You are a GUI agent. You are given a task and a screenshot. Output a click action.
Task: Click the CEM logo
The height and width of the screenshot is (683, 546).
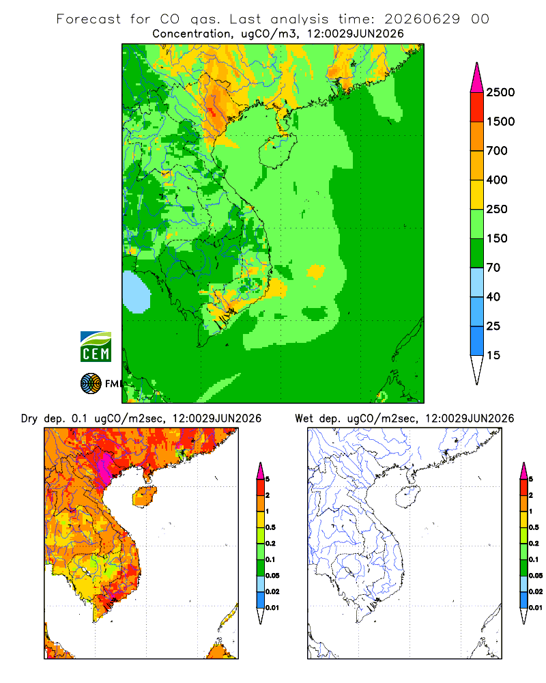click(x=96, y=347)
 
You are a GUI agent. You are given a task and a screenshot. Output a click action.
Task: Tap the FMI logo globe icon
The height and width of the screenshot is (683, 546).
click(x=91, y=384)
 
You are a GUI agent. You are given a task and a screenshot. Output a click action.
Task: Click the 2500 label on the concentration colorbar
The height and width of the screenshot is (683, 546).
click(x=500, y=92)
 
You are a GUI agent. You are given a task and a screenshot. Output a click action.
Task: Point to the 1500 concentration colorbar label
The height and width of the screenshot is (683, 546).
click(x=500, y=122)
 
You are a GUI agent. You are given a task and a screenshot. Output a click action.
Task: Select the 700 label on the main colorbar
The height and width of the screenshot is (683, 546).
click(x=497, y=151)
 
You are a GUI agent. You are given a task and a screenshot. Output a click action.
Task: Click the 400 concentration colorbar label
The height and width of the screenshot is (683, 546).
click(x=497, y=180)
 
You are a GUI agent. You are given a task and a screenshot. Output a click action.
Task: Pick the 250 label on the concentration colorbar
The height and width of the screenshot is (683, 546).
click(x=497, y=209)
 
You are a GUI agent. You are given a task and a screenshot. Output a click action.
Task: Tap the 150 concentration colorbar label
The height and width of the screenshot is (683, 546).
click(x=497, y=238)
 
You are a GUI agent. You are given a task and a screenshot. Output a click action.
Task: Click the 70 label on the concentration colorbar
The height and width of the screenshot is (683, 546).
click(x=493, y=268)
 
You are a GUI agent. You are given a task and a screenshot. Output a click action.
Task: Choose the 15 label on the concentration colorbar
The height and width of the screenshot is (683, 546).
click(x=493, y=355)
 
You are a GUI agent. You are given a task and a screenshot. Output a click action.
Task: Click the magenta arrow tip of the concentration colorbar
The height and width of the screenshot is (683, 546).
click(x=477, y=63)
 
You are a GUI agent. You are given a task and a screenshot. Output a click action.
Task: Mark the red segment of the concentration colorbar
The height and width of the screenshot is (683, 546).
click(x=477, y=107)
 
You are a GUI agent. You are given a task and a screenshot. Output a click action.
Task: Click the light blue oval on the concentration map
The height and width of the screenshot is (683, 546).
click(x=136, y=292)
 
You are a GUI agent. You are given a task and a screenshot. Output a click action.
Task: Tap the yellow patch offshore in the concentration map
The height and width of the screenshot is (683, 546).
click(x=316, y=271)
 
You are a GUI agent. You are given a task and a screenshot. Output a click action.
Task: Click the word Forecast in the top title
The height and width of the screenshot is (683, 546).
click(x=89, y=19)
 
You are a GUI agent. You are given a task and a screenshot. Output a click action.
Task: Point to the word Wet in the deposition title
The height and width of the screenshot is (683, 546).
click(x=304, y=419)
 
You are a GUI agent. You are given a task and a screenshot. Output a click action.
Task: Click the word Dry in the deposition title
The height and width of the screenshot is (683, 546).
click(x=29, y=419)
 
